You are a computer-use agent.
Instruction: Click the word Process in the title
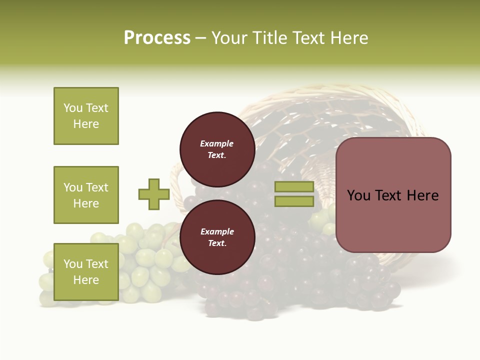click(157, 38)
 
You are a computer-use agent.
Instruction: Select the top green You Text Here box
click(86, 116)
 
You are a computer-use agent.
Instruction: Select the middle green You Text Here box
click(86, 195)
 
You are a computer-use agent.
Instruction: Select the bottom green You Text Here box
click(86, 271)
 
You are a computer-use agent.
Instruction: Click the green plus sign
click(154, 194)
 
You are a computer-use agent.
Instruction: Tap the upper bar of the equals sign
click(294, 187)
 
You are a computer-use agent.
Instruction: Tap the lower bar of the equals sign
click(294, 201)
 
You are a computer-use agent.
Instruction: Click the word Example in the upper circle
click(217, 143)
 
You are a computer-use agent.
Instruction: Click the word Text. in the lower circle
click(217, 243)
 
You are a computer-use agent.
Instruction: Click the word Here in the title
click(350, 38)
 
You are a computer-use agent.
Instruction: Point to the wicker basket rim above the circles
click(320, 92)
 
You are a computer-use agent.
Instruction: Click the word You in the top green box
click(72, 108)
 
